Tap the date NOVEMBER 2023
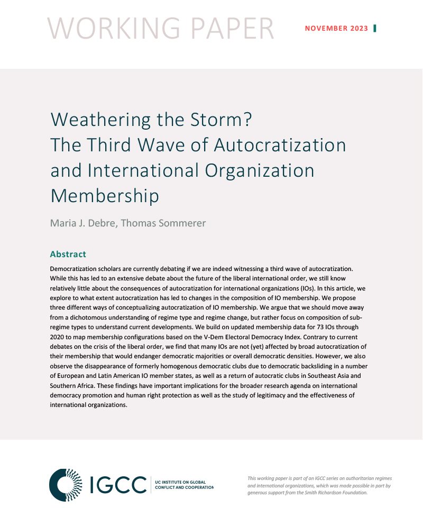pyautogui.click(x=336, y=29)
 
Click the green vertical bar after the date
pyautogui.click(x=375, y=29)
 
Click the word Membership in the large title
pyautogui.click(x=105, y=196)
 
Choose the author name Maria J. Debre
pyautogui.click(x=84, y=223)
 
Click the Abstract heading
pyautogui.click(x=68, y=255)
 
